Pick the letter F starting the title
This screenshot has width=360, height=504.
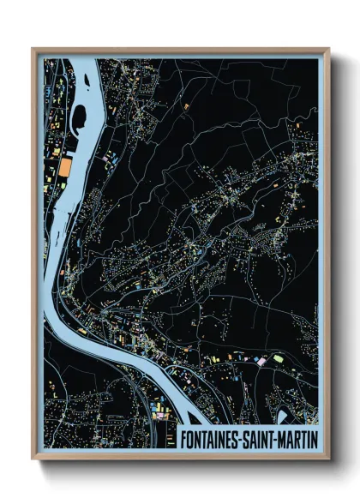(183, 438)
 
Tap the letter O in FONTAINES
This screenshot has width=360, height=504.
(191, 438)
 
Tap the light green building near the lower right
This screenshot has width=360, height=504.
(278, 357)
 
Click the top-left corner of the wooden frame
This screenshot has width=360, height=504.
(33, 49)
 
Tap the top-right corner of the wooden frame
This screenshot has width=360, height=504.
(328, 49)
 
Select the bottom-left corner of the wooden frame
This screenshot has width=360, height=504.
(33, 459)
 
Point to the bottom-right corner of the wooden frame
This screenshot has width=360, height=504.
(328, 459)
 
